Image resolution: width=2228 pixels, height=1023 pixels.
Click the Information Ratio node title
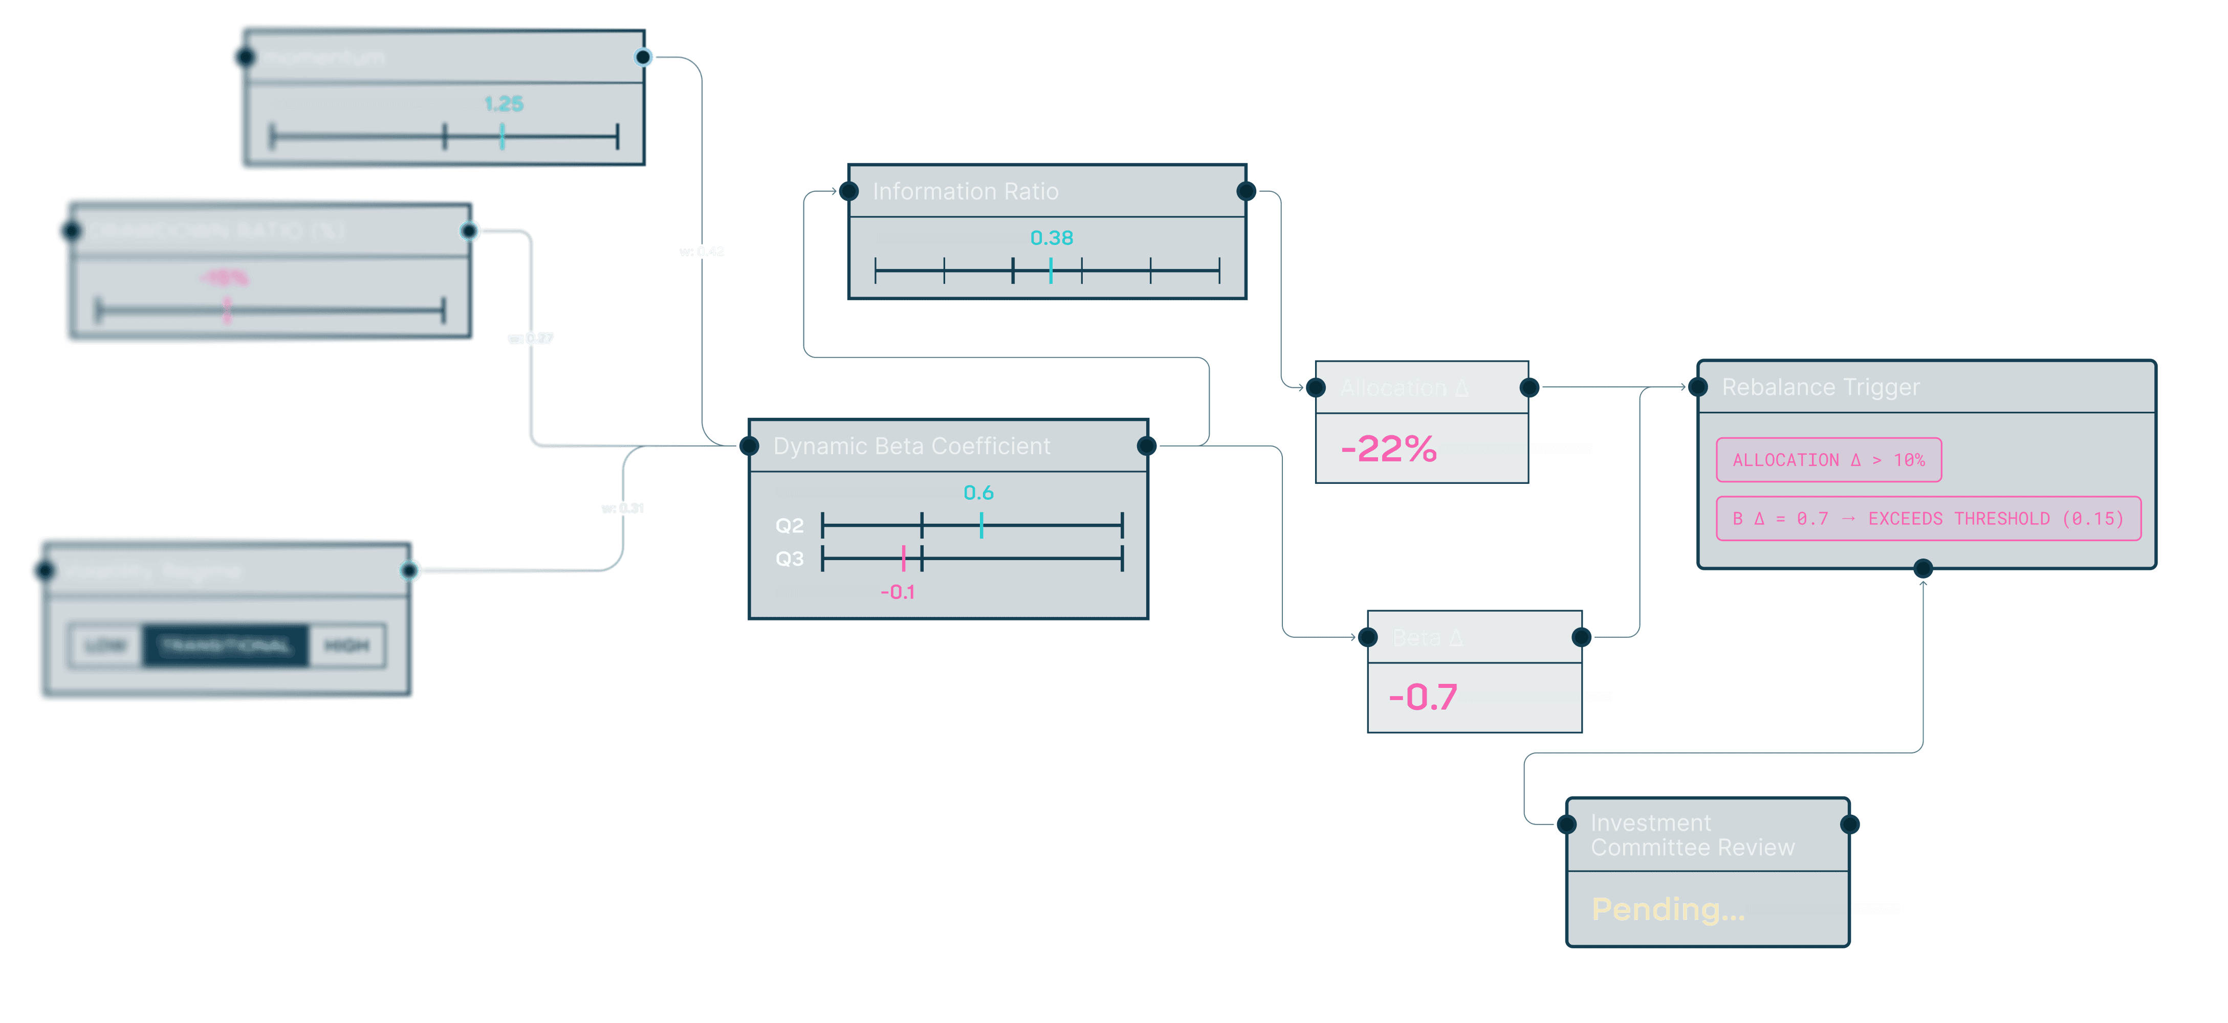(965, 191)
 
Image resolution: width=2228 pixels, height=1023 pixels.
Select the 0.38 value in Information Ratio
(1051, 238)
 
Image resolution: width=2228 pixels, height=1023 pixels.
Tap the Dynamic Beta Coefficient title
(911, 446)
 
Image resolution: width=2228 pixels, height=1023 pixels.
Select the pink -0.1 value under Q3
(897, 592)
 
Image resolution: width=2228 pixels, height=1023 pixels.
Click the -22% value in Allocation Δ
(1388, 449)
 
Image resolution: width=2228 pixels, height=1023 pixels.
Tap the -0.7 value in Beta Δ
(1423, 697)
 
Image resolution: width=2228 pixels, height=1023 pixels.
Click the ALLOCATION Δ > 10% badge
(1828, 460)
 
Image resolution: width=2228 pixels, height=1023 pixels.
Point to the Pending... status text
(1668, 909)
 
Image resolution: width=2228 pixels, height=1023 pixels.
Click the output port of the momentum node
(643, 57)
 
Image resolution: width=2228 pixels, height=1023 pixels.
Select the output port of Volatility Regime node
(408, 571)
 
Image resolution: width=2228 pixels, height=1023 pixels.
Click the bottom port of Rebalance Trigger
(1923, 569)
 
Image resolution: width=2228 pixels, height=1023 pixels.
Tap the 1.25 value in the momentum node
(504, 104)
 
